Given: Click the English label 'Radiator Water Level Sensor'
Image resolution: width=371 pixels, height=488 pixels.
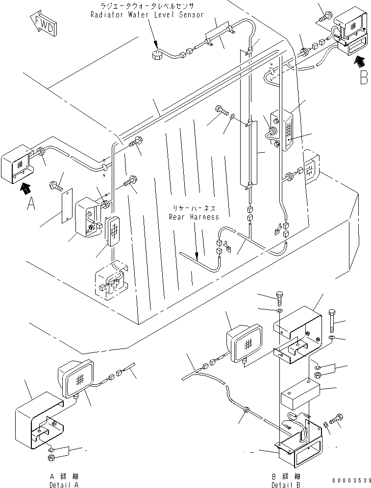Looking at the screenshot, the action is pos(147,15).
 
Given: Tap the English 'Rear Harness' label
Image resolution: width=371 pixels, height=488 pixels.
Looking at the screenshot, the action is pos(194,217).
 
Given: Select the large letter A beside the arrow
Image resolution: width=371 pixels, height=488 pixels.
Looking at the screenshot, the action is pos(31,204).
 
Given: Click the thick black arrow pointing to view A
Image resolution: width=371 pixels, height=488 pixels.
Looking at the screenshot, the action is pos(25,188).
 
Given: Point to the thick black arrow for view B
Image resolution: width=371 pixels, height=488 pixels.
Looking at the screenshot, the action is pos(359,61).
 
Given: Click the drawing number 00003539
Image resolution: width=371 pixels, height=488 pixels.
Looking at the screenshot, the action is pos(351,481).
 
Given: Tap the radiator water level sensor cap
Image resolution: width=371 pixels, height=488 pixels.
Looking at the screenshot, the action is pos(156,55).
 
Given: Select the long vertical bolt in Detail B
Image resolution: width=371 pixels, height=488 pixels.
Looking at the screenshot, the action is pos(332,321).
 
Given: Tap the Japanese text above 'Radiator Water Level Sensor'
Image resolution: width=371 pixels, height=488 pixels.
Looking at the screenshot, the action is pos(147,6).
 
